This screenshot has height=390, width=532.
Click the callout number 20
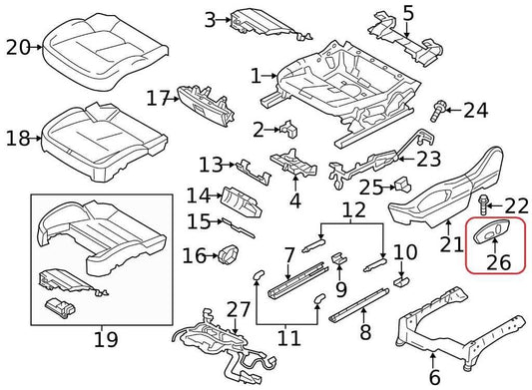click(x=18, y=46)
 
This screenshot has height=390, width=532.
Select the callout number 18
click(x=18, y=138)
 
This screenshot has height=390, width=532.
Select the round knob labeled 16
click(x=227, y=256)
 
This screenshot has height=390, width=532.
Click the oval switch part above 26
click(x=493, y=233)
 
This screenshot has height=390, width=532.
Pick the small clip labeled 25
click(x=402, y=184)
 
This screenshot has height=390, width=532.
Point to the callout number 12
click(x=354, y=210)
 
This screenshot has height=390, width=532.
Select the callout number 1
click(x=256, y=76)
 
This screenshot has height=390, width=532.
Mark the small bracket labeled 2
click(x=288, y=128)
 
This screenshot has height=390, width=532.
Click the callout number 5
click(x=407, y=14)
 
